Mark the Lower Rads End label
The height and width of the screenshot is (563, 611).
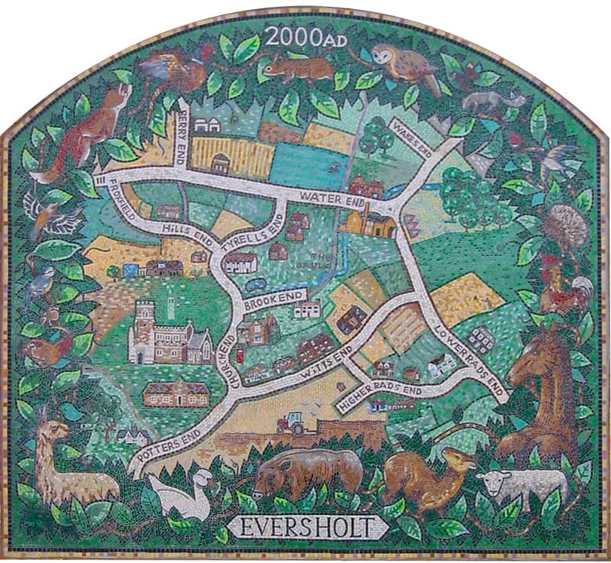469,354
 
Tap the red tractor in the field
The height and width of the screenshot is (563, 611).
293,422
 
